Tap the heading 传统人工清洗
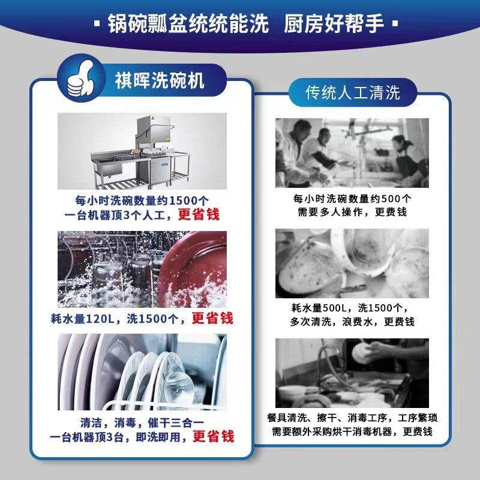pyautogui.click(x=352, y=93)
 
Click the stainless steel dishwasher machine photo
pyautogui.click(x=142, y=151)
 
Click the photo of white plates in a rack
pyautogui.click(x=142, y=372)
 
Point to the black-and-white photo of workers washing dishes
pyautogui.click(x=352, y=152)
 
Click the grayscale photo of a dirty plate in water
pyautogui.click(x=352, y=263)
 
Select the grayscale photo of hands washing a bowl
pyautogui.click(x=352, y=373)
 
